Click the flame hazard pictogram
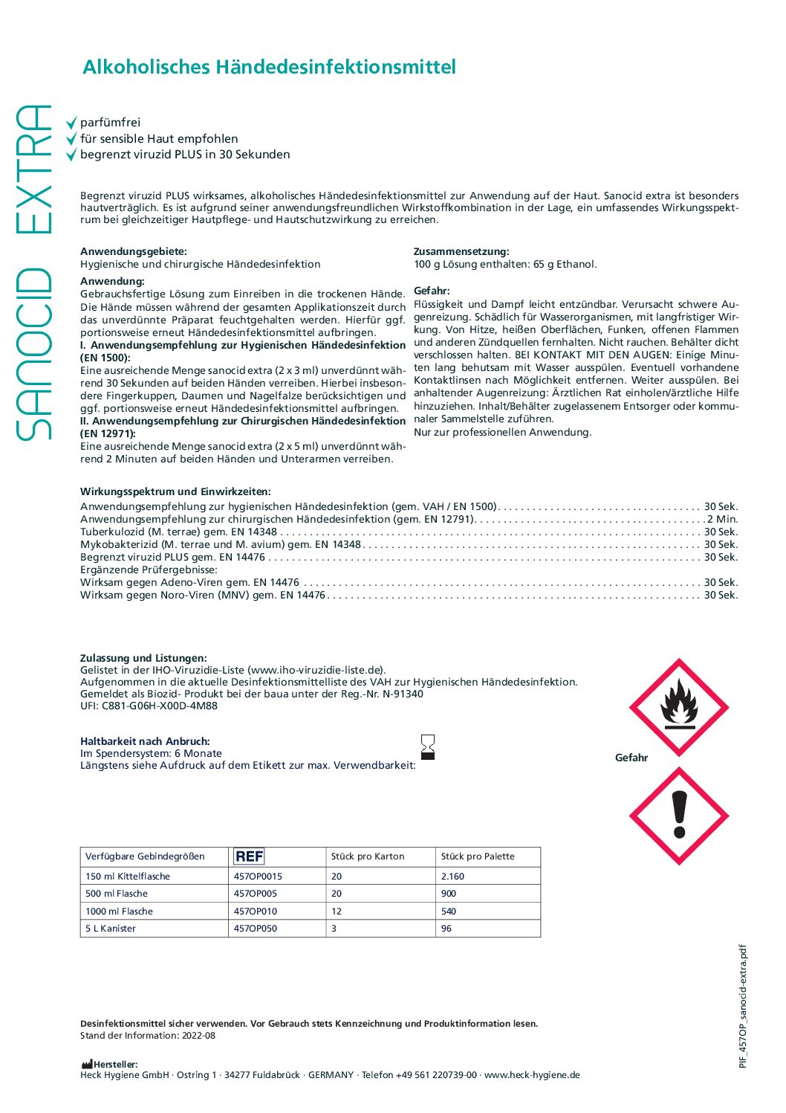click(678, 707)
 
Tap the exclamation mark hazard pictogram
click(678, 816)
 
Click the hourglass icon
click(427, 747)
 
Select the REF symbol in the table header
click(249, 856)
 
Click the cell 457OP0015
click(258, 877)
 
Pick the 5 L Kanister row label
click(111, 929)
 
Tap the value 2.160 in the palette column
click(452, 877)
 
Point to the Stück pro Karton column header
click(368, 856)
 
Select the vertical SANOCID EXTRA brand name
click(33, 271)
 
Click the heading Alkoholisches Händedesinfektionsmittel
click(269, 67)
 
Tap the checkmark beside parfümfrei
click(71, 123)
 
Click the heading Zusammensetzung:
click(461, 252)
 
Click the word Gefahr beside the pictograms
click(631, 758)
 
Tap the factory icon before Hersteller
click(87, 1065)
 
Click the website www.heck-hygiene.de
click(532, 1075)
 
